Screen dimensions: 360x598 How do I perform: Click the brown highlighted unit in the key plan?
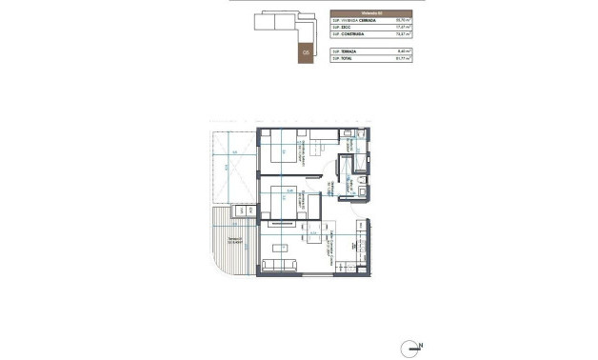[306, 54]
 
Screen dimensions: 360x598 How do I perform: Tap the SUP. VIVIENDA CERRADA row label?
[353, 19]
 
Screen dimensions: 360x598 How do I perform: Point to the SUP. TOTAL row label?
[344, 59]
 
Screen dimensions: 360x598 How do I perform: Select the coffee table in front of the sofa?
[283, 248]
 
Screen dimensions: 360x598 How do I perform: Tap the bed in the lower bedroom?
[284, 203]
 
